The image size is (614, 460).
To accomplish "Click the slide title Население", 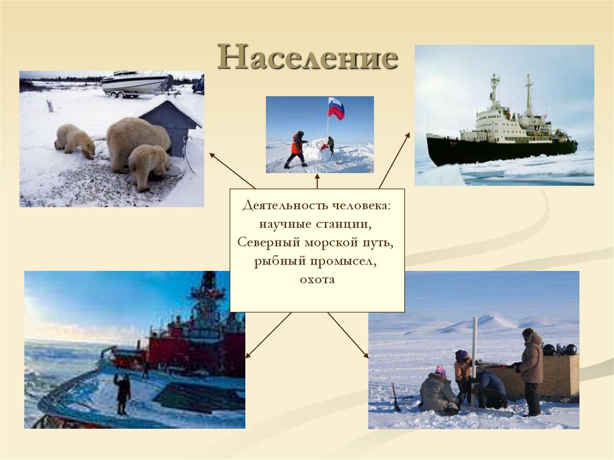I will click(308, 59).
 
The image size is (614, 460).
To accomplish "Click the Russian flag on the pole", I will click(336, 109).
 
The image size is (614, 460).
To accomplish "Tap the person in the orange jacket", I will click(296, 149).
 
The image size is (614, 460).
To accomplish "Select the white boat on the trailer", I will click(136, 83).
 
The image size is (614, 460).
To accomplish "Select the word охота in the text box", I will click(317, 279).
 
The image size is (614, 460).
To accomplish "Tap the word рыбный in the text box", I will click(279, 261).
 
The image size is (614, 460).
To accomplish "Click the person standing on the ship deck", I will click(122, 393).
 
